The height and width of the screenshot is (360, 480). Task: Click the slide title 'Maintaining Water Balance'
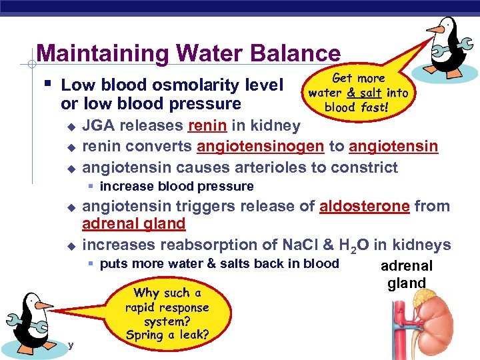[x=188, y=53]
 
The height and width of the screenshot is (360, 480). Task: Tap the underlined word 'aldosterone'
[x=364, y=206]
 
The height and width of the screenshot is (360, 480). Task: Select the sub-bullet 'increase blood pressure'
[x=176, y=186]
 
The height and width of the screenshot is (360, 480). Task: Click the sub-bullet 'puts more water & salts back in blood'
[x=219, y=264]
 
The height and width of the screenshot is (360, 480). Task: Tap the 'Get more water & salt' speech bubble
[x=358, y=93]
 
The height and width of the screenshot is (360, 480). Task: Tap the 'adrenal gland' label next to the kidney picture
[x=407, y=274]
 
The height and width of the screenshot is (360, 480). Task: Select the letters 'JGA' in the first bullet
[x=99, y=126]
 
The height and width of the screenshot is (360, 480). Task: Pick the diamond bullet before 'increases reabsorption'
[x=71, y=246]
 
